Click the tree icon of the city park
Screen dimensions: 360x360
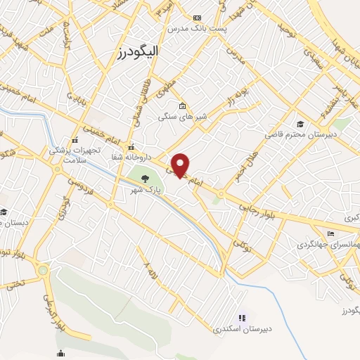point(145,179)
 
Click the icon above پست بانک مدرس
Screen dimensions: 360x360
point(197,18)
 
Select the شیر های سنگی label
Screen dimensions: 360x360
point(176,117)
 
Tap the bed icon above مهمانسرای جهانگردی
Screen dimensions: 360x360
point(331,234)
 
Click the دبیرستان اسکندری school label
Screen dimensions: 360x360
point(243,328)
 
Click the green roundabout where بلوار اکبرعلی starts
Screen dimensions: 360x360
point(44,270)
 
